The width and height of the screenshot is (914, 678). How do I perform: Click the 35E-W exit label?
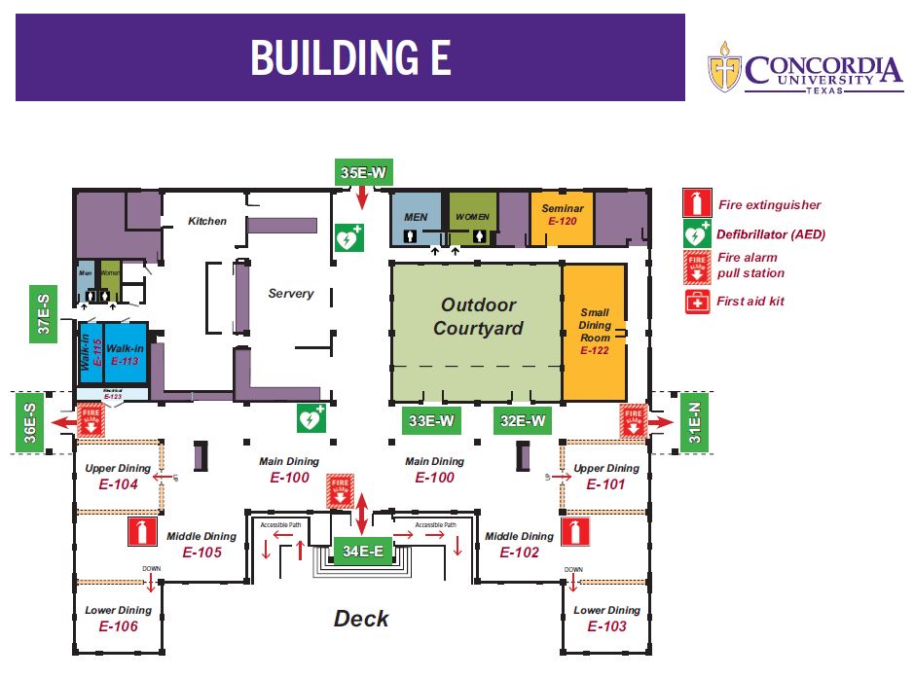(x=364, y=174)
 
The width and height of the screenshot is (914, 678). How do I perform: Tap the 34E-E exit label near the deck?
(x=362, y=551)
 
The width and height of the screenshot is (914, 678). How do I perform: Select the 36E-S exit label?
(x=30, y=422)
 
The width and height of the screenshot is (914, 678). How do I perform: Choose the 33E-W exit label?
(x=431, y=421)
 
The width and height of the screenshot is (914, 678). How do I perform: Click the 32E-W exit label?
(x=523, y=421)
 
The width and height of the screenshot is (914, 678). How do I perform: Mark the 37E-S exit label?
(x=44, y=313)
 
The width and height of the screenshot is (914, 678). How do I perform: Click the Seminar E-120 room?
(x=563, y=215)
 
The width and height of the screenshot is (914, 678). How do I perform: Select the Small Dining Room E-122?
(x=594, y=332)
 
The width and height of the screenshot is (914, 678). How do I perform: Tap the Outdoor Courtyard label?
(x=477, y=317)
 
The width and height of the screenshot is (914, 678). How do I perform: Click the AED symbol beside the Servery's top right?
(x=348, y=237)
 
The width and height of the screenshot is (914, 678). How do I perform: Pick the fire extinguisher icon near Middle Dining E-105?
(x=142, y=531)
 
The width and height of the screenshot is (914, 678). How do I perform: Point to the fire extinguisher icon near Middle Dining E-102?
(x=575, y=531)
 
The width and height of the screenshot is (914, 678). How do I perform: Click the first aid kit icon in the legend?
(x=697, y=302)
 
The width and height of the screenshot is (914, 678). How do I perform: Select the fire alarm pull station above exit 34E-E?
(x=340, y=491)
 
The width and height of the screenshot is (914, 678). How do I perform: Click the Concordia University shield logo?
(x=724, y=67)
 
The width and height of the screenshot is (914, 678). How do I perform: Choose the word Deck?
(x=361, y=618)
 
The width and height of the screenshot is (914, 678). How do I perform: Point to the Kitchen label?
(x=206, y=221)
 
